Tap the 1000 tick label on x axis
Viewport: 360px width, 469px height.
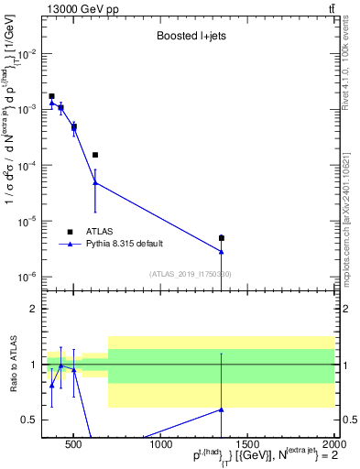162,444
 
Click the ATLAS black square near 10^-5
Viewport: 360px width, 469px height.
222,238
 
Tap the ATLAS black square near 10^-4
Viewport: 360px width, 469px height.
95,155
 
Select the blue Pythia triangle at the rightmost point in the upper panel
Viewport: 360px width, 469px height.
222,251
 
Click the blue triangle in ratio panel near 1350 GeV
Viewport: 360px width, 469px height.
222,409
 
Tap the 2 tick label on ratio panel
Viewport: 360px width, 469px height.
33,309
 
